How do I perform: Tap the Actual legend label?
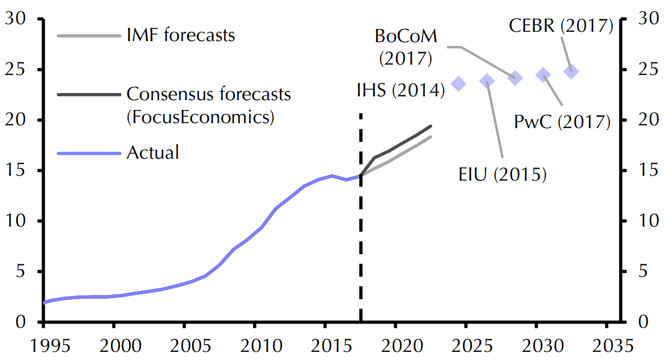[153, 152]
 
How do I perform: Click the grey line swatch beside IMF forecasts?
[88, 37]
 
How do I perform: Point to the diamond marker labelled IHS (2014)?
[459, 83]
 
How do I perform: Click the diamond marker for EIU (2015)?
[487, 82]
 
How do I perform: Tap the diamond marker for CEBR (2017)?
[571, 71]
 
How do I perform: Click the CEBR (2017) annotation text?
[561, 26]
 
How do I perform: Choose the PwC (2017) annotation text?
[562, 121]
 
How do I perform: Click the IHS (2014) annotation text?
[400, 90]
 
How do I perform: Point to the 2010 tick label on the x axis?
[254, 346]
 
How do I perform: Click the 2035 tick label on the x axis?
[606, 346]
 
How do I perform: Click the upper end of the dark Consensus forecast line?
[431, 126]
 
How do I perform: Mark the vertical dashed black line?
[361, 219]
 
